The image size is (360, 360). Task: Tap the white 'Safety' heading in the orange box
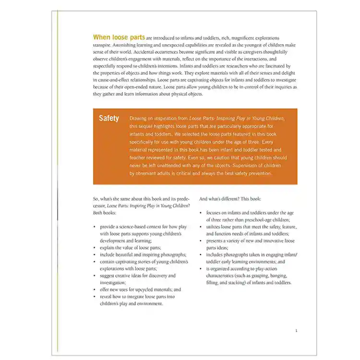click(x=109, y=119)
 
